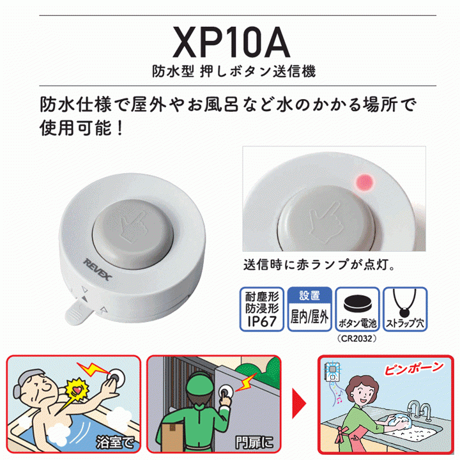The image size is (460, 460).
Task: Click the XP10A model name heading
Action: coord(231,42)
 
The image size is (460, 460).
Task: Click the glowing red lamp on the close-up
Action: coord(365,183)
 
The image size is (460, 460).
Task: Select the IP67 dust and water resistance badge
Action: coord(262,309)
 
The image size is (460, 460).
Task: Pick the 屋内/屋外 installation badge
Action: coord(309,309)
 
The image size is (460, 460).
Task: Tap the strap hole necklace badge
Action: coord(405,309)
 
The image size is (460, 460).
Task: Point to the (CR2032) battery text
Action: coord(356,339)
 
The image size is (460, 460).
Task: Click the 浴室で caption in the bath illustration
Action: coord(115,442)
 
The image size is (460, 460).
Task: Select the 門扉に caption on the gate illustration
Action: coord(254,442)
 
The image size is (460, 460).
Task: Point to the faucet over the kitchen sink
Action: coord(418,410)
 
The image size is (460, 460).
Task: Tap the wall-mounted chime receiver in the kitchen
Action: coord(332,372)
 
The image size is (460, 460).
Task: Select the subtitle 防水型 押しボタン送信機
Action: coord(234,72)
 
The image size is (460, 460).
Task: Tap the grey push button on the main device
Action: coord(133,234)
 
